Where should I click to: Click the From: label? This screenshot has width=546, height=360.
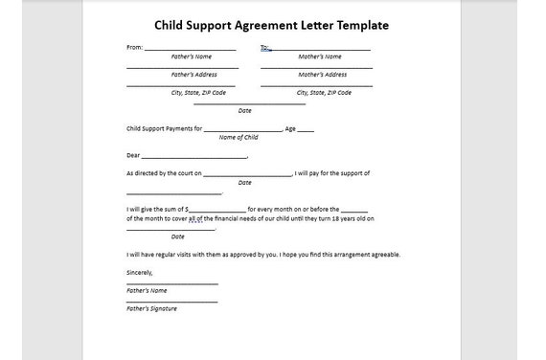point(134,46)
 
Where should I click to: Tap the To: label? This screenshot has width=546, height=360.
point(264,46)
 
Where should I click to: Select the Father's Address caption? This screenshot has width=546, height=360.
point(193,75)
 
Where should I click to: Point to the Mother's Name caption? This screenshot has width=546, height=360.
point(319,56)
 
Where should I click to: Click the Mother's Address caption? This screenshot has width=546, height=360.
point(322,75)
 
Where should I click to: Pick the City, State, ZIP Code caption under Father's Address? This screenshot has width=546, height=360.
point(198,93)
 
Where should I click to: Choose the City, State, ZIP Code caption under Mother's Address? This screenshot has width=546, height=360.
point(324,93)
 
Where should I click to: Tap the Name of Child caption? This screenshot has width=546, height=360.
point(239,137)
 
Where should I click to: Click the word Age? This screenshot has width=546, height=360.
point(290,128)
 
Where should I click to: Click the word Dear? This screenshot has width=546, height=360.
point(133,155)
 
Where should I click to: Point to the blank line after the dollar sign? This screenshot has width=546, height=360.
point(217,209)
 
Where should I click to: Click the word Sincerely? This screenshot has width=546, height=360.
point(140,272)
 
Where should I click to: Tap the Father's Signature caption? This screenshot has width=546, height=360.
point(151,308)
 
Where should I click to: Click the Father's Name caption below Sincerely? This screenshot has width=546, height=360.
point(147,290)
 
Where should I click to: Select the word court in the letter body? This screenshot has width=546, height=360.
point(185,173)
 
